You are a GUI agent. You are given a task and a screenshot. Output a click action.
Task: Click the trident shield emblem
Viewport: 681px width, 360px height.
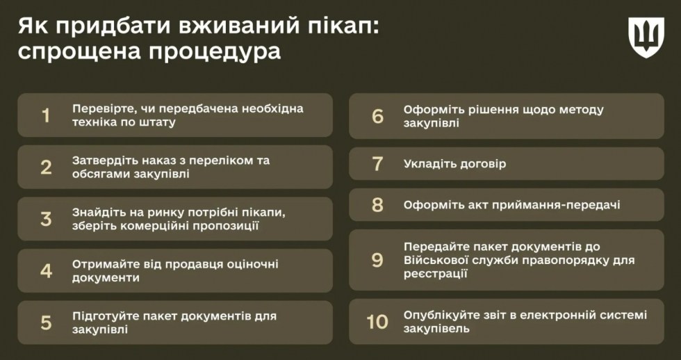tap(646, 38)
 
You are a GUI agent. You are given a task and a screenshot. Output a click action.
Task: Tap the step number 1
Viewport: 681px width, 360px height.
tap(46, 115)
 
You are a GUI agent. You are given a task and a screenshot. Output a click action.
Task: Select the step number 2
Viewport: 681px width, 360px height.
tap(46, 167)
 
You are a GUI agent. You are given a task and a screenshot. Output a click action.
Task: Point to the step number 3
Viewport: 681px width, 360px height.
tap(46, 219)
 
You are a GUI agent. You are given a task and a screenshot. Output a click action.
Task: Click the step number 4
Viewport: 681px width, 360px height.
tap(46, 271)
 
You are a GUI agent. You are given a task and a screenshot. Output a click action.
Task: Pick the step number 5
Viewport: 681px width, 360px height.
tap(46, 322)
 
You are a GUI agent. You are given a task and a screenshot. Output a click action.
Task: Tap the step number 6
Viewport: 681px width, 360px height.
tap(378, 116)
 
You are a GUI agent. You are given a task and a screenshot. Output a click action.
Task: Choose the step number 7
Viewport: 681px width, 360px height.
tap(378, 164)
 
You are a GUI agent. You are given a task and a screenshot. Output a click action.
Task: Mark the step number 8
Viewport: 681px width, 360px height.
tap(378, 204)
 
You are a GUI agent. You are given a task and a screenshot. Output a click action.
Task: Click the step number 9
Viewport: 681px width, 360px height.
tap(378, 260)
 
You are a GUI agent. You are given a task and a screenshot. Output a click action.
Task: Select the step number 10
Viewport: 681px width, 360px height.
tap(377, 322)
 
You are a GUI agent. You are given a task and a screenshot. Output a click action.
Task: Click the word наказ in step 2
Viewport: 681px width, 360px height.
tap(160, 161)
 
